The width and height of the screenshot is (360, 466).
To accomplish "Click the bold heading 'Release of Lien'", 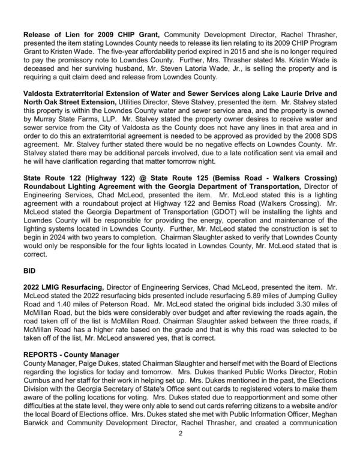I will pos(52,36).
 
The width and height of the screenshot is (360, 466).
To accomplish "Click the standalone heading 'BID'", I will pos(30,270).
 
